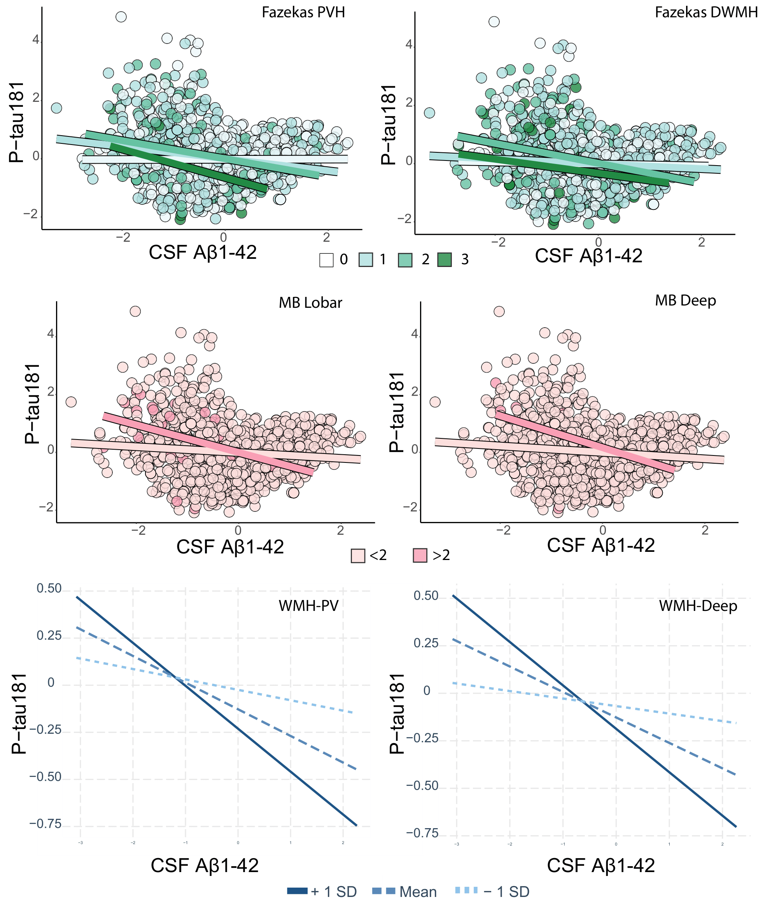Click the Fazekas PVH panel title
tap(303, 12)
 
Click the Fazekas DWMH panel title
tap(706, 12)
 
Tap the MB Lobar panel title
tap(310, 303)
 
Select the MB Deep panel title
tap(685, 300)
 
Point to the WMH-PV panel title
tap(308, 606)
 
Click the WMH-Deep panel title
tap(698, 606)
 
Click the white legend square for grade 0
tap(326, 260)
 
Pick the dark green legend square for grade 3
tap(445, 260)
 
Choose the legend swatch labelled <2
tap(358, 556)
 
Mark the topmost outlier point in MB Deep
tap(499, 311)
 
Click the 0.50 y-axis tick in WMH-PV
tap(49, 589)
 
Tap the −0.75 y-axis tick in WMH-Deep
tap(422, 833)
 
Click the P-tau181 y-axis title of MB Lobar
tap(33, 404)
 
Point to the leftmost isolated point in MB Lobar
tap(71, 402)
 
